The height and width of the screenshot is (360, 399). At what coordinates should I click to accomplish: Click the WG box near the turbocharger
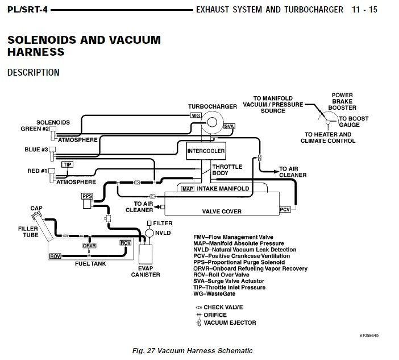[196, 115]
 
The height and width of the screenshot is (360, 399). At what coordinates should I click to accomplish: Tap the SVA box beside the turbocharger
[229, 126]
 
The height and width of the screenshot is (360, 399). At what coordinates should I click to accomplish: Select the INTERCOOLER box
[206, 151]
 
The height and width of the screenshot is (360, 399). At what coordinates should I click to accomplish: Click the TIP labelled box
[68, 164]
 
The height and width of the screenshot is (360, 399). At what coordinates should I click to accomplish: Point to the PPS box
[87, 197]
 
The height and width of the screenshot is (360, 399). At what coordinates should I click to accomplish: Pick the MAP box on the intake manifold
[188, 188]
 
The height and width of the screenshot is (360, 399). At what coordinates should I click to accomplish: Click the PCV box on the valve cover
[285, 210]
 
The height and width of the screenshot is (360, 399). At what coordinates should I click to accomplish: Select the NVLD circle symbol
[150, 233]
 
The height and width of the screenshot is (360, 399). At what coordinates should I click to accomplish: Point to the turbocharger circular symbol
[213, 121]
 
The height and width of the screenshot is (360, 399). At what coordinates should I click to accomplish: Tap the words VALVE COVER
[222, 212]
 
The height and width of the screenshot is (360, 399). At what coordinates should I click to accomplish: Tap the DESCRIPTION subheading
[33, 73]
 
